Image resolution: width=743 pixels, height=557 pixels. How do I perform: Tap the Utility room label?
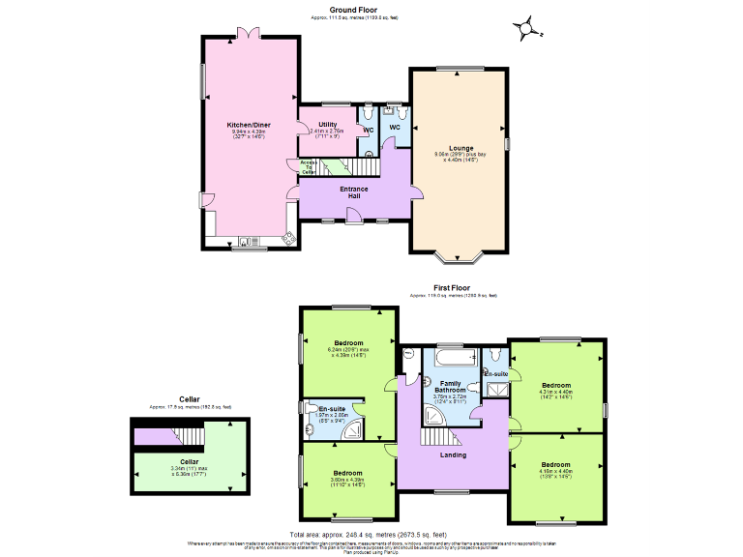tap(327, 125)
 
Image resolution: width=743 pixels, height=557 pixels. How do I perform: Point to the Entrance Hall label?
tap(355, 192)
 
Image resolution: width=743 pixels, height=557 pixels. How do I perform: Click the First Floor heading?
tap(453, 287)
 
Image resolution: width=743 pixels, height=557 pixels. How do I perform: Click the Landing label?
tap(453, 454)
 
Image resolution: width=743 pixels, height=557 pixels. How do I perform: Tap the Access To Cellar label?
tap(308, 165)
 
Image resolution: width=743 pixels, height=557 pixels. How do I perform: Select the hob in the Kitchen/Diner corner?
tap(288, 237)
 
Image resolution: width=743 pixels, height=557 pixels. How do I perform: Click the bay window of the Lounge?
tap(460, 256)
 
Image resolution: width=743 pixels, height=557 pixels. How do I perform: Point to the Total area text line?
tap(371, 534)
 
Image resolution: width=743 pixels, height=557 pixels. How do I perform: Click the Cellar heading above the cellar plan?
tap(191, 398)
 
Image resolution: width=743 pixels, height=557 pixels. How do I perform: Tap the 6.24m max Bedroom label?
tap(348, 343)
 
